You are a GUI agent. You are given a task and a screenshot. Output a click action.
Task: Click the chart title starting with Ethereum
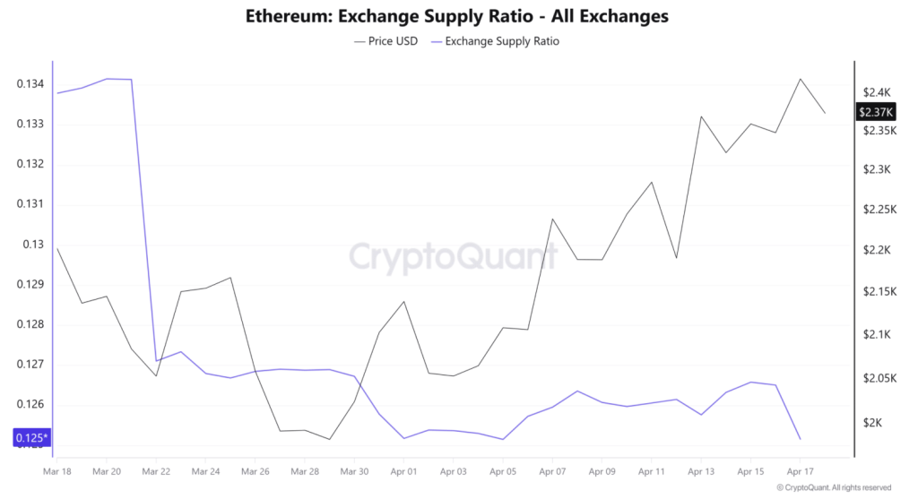click(456, 16)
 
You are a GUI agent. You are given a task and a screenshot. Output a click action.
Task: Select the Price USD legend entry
click(386, 41)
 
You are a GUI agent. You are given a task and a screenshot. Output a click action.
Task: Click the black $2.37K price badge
click(876, 112)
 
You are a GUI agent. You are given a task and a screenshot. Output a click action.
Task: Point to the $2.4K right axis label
click(876, 92)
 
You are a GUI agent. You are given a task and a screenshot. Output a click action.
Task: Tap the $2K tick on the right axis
click(872, 423)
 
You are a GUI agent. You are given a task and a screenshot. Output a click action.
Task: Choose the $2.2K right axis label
click(876, 250)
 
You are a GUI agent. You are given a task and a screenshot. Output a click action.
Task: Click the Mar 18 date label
click(57, 470)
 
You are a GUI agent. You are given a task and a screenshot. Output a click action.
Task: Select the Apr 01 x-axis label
click(404, 470)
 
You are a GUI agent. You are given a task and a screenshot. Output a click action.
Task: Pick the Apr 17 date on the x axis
click(800, 470)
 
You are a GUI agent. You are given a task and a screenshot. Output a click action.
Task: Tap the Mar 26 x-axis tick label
click(255, 470)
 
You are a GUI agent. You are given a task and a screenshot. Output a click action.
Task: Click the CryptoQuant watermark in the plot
click(453, 257)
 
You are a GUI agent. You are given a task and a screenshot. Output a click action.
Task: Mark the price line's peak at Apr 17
click(800, 79)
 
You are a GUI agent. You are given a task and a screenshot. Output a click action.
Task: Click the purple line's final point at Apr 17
click(800, 439)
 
